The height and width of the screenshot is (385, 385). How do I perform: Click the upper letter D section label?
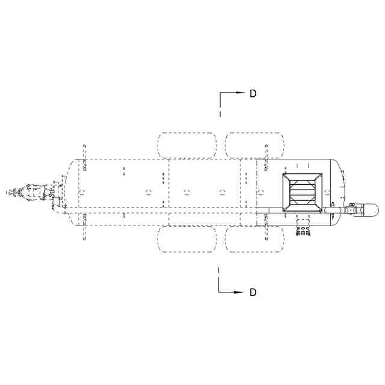tap(253, 93)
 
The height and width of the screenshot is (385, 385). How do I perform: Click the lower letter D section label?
tap(253, 292)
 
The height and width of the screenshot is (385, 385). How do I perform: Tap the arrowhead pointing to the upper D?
tap(241, 93)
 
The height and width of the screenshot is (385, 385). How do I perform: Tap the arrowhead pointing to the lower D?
tap(238, 292)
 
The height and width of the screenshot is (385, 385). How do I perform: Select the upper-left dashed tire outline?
tap(187, 145)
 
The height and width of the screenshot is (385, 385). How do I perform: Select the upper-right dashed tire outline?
tap(254, 145)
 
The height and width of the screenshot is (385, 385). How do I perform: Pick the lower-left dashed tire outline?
tap(187, 239)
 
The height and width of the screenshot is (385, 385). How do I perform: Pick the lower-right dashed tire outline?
tap(254, 239)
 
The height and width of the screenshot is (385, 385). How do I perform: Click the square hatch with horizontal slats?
tap(302, 192)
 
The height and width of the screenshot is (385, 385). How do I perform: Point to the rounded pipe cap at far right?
tap(371, 210)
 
